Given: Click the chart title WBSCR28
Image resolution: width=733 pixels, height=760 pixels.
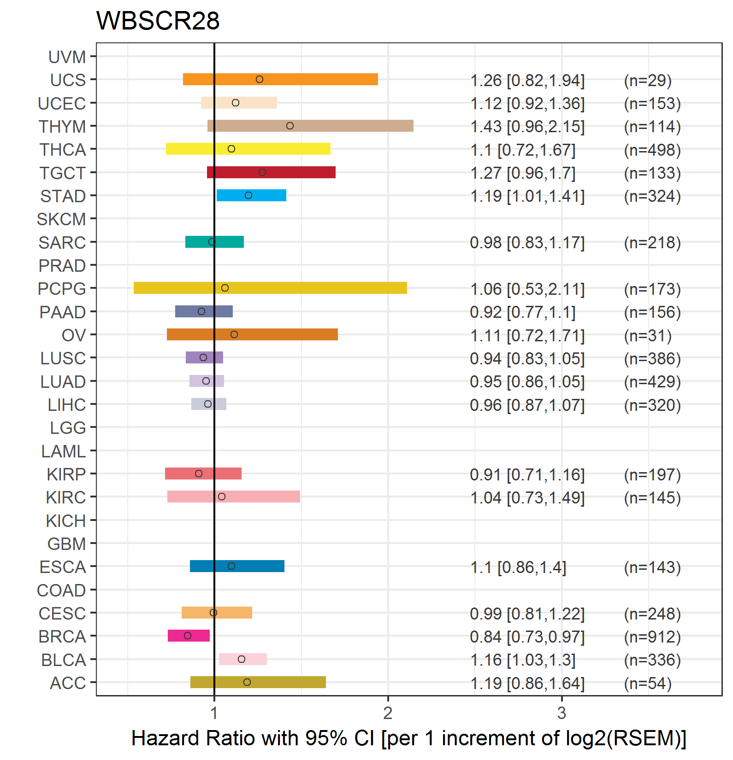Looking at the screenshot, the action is point(158,21).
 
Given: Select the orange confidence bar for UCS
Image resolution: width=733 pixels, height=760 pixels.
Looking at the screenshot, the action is point(280,79).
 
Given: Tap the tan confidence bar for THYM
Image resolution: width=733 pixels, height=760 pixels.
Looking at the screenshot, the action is point(310,126).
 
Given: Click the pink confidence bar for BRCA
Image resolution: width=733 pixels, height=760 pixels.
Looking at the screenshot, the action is point(189,636).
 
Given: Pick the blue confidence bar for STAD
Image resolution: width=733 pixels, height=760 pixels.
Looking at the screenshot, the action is point(251,195).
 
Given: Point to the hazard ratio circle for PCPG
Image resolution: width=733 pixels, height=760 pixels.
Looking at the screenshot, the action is point(225,288).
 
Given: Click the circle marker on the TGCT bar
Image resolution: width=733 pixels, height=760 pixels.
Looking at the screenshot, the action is point(262,172).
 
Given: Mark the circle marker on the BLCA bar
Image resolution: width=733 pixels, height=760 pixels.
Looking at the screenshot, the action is point(242,659).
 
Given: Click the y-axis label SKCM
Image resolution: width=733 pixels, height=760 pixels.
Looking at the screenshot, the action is point(61,219).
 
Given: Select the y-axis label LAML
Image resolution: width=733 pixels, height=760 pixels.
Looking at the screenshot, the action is point(64,451).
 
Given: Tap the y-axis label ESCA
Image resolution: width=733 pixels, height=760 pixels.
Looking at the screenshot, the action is point(63,567).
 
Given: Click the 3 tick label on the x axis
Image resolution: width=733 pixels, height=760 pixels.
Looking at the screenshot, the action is point(562,713).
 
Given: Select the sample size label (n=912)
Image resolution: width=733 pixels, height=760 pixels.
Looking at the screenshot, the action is point(652,637).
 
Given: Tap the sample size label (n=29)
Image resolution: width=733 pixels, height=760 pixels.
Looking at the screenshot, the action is point(648,80).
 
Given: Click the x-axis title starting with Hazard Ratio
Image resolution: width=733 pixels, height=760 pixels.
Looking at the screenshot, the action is point(409,738).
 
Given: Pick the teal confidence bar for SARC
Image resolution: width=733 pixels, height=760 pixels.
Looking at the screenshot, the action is point(214,242).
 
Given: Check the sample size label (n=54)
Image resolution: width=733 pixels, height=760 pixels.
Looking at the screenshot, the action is point(648,683).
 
